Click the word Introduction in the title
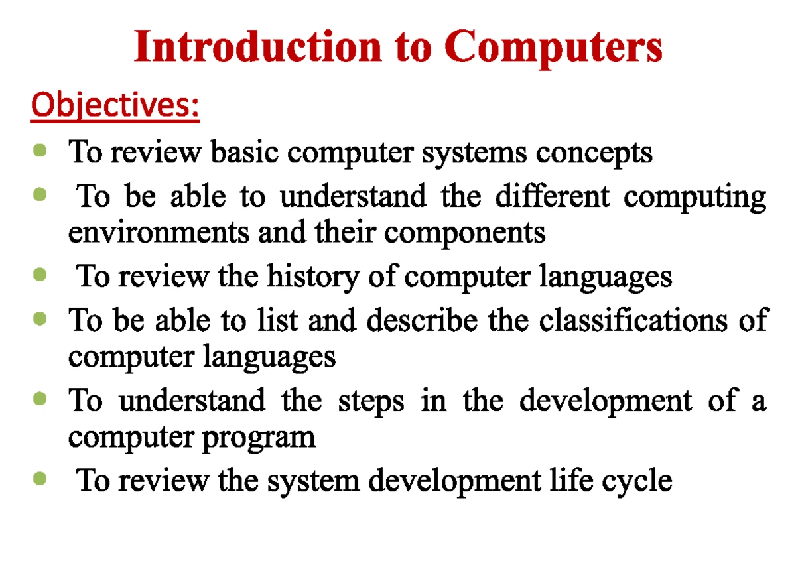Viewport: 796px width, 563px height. click(258, 46)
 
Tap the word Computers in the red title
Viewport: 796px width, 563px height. click(553, 48)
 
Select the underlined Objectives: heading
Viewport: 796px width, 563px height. click(115, 105)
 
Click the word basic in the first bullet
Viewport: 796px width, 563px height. click(245, 152)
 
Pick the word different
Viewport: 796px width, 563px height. click(553, 196)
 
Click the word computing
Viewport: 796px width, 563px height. click(695, 198)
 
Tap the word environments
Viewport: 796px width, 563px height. click(159, 232)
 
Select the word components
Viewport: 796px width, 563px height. click(465, 235)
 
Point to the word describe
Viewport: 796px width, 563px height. click(422, 320)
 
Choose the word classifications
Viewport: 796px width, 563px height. click(633, 320)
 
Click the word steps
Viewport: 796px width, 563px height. click(371, 402)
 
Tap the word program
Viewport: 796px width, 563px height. click(259, 440)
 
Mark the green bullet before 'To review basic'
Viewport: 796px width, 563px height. click(40, 150)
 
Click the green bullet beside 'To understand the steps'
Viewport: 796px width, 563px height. click(40, 398)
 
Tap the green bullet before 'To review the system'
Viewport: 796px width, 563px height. click(40, 478)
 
